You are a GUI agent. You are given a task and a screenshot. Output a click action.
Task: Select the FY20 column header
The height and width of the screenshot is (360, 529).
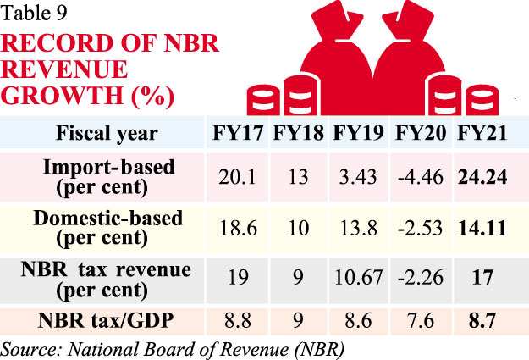(x=420, y=134)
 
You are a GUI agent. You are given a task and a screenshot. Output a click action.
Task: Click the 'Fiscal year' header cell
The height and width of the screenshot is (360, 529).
(x=107, y=134)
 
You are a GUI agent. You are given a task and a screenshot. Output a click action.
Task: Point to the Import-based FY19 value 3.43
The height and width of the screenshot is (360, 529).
(x=359, y=176)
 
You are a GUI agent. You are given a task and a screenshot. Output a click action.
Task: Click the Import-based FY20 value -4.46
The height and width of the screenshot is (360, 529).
(x=421, y=176)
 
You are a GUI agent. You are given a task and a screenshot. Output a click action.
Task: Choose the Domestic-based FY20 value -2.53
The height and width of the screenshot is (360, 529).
(x=421, y=227)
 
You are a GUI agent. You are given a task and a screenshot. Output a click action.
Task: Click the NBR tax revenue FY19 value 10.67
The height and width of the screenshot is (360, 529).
(x=359, y=278)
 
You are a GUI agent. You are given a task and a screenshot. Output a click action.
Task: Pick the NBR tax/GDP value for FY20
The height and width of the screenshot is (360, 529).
(x=421, y=322)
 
